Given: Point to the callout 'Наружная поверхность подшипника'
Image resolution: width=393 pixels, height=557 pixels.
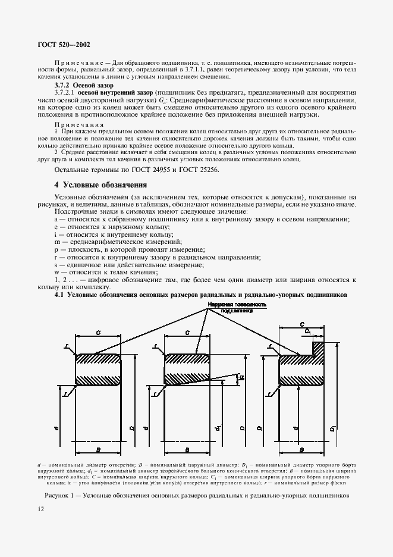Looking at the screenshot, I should click(237, 307).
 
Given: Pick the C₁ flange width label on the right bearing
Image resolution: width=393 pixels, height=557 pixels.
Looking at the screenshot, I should click(307, 331).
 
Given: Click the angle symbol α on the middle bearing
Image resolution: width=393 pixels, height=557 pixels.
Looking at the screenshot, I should click(240, 377).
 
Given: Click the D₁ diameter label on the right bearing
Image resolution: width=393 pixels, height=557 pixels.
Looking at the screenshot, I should click(331, 428).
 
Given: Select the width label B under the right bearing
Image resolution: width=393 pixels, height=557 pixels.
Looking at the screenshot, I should click(301, 449).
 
